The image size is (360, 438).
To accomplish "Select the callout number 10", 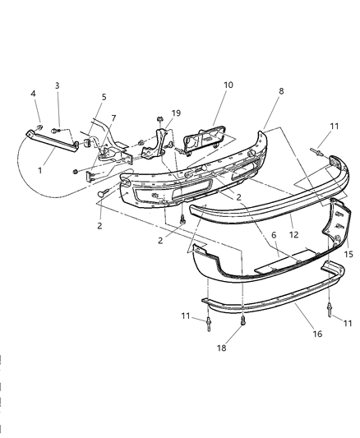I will pyautogui.click(x=228, y=84).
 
